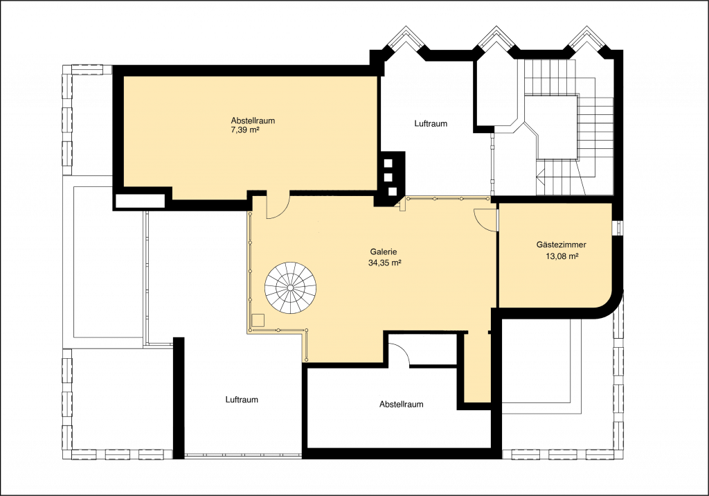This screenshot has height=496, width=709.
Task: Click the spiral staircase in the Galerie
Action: (291, 287)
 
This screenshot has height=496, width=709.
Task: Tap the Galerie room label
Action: (384, 252)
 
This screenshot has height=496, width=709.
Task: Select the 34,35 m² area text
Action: (385, 263)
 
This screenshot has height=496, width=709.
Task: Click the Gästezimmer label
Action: (561, 245)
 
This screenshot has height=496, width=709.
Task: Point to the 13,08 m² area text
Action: (562, 256)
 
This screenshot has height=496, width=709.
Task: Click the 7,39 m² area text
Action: (245, 130)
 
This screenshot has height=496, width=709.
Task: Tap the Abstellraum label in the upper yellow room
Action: (253, 121)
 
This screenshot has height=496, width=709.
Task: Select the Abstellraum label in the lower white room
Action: (402, 404)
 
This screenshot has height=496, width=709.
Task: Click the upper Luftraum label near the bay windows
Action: (431, 123)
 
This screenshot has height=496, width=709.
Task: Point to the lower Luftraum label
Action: (242, 400)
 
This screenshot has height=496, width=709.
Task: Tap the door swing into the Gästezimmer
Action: (485, 220)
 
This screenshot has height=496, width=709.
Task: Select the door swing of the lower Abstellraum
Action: (400, 353)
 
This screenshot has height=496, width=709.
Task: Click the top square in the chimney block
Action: (388, 163)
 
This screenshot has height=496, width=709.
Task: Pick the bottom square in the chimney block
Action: (393, 191)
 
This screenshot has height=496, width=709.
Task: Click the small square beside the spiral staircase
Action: (258, 320)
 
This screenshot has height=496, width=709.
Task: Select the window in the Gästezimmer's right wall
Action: (617, 228)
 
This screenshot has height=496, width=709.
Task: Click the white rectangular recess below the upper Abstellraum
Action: (140, 201)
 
